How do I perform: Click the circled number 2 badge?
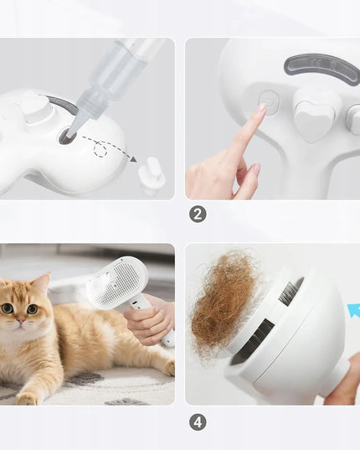(198, 215)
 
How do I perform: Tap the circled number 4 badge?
(198, 422)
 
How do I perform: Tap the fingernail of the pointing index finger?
(263, 107)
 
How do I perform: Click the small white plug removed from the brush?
(152, 176)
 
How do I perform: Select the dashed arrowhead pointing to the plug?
(133, 158)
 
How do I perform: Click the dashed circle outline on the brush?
(100, 150)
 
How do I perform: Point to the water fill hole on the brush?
(67, 136)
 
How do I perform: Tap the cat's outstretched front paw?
(27, 398)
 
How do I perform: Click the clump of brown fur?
(224, 303)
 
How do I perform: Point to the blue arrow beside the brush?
(353, 311)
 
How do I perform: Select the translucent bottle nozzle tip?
(72, 126)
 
